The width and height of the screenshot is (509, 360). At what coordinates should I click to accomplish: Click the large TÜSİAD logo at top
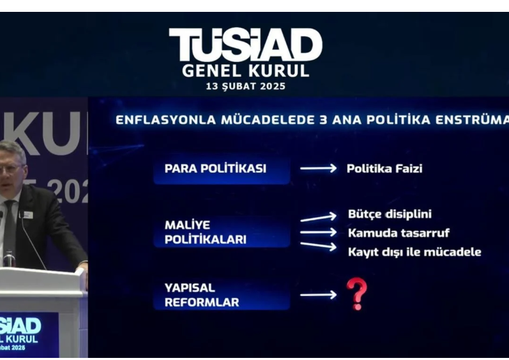(245, 45)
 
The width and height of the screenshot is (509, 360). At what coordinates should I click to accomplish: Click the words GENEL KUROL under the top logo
(245, 71)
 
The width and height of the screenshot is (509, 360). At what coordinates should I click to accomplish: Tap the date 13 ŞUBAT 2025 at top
(245, 87)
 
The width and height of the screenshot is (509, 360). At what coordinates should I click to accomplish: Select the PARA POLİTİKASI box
(221, 169)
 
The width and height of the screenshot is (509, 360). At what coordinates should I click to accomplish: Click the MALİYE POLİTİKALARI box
(221, 232)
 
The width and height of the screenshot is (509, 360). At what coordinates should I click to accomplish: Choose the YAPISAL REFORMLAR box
(221, 295)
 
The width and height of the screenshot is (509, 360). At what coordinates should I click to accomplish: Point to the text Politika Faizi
(384, 168)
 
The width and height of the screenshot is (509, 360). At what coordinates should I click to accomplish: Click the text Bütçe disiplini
(394, 213)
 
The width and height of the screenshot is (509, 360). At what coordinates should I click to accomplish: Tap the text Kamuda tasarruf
(398, 232)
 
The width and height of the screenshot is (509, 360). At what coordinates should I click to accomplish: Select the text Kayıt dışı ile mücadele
(414, 251)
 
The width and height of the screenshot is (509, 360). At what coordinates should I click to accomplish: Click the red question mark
(356, 294)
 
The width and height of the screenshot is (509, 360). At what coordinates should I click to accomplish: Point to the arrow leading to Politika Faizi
(318, 168)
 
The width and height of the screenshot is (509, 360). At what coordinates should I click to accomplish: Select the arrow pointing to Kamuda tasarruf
(318, 232)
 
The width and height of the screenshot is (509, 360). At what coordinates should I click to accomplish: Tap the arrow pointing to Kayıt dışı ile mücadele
(318, 245)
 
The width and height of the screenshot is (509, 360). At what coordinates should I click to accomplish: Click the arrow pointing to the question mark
(318, 295)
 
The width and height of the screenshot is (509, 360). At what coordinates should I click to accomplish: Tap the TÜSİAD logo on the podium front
(20, 326)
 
